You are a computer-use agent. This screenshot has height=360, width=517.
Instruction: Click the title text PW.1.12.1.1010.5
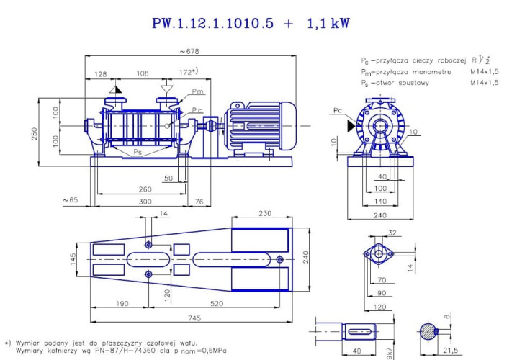pyautogui.click(x=212, y=23)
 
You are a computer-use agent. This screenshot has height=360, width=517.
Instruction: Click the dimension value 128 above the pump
pyautogui.click(x=100, y=73)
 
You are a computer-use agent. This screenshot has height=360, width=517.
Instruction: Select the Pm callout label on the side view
pyautogui.click(x=198, y=93)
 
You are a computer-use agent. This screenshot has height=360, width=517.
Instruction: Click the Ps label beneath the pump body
pyautogui.click(x=138, y=153)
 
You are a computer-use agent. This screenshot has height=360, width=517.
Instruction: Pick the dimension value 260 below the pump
pyautogui.click(x=145, y=189)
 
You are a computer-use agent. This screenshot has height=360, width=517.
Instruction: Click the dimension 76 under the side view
pyautogui.click(x=199, y=202)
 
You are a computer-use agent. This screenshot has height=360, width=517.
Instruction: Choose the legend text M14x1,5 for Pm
pyautogui.click(x=485, y=72)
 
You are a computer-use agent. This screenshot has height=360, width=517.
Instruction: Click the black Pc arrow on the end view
pyautogui.click(x=351, y=125)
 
